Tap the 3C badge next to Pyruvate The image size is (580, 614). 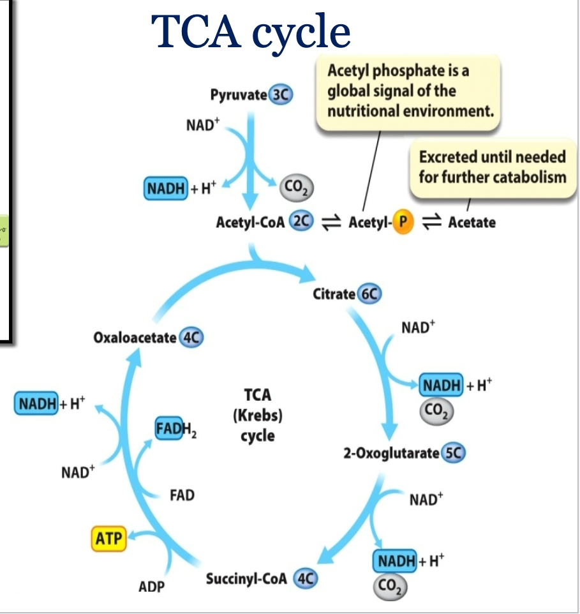[x=280, y=95]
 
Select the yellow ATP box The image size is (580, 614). [x=108, y=539]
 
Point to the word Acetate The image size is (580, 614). [x=472, y=222]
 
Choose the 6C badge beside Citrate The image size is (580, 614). [x=369, y=294]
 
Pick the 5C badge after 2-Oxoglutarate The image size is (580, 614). [x=454, y=453]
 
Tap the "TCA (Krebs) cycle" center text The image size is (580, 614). [x=258, y=416]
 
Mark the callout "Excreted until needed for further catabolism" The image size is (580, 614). [x=492, y=167]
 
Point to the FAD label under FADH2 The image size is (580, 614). [x=182, y=495]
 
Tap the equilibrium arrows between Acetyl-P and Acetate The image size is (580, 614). [x=432, y=222]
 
